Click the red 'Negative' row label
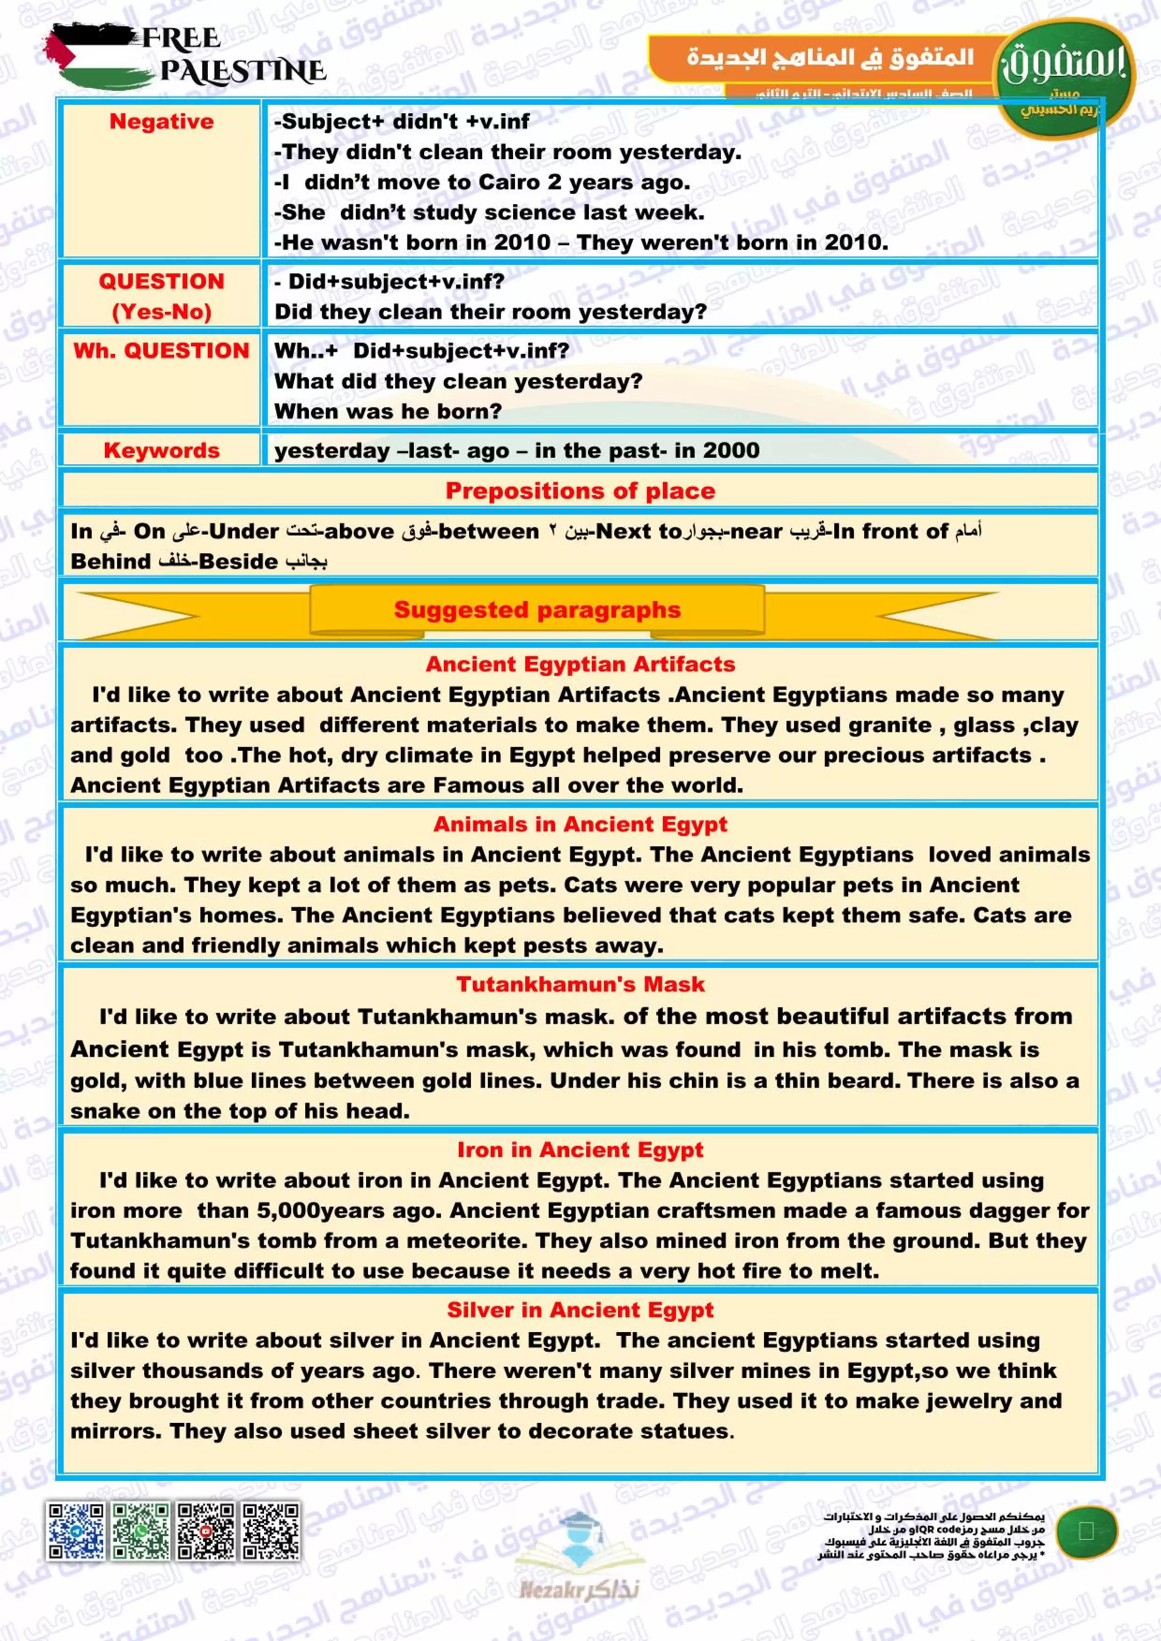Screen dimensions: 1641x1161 161,122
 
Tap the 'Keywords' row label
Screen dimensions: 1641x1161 161,450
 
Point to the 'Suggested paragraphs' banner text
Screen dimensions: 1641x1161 537,610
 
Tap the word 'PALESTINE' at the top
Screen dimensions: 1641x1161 242,71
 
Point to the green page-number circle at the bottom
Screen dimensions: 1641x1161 1086,1531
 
